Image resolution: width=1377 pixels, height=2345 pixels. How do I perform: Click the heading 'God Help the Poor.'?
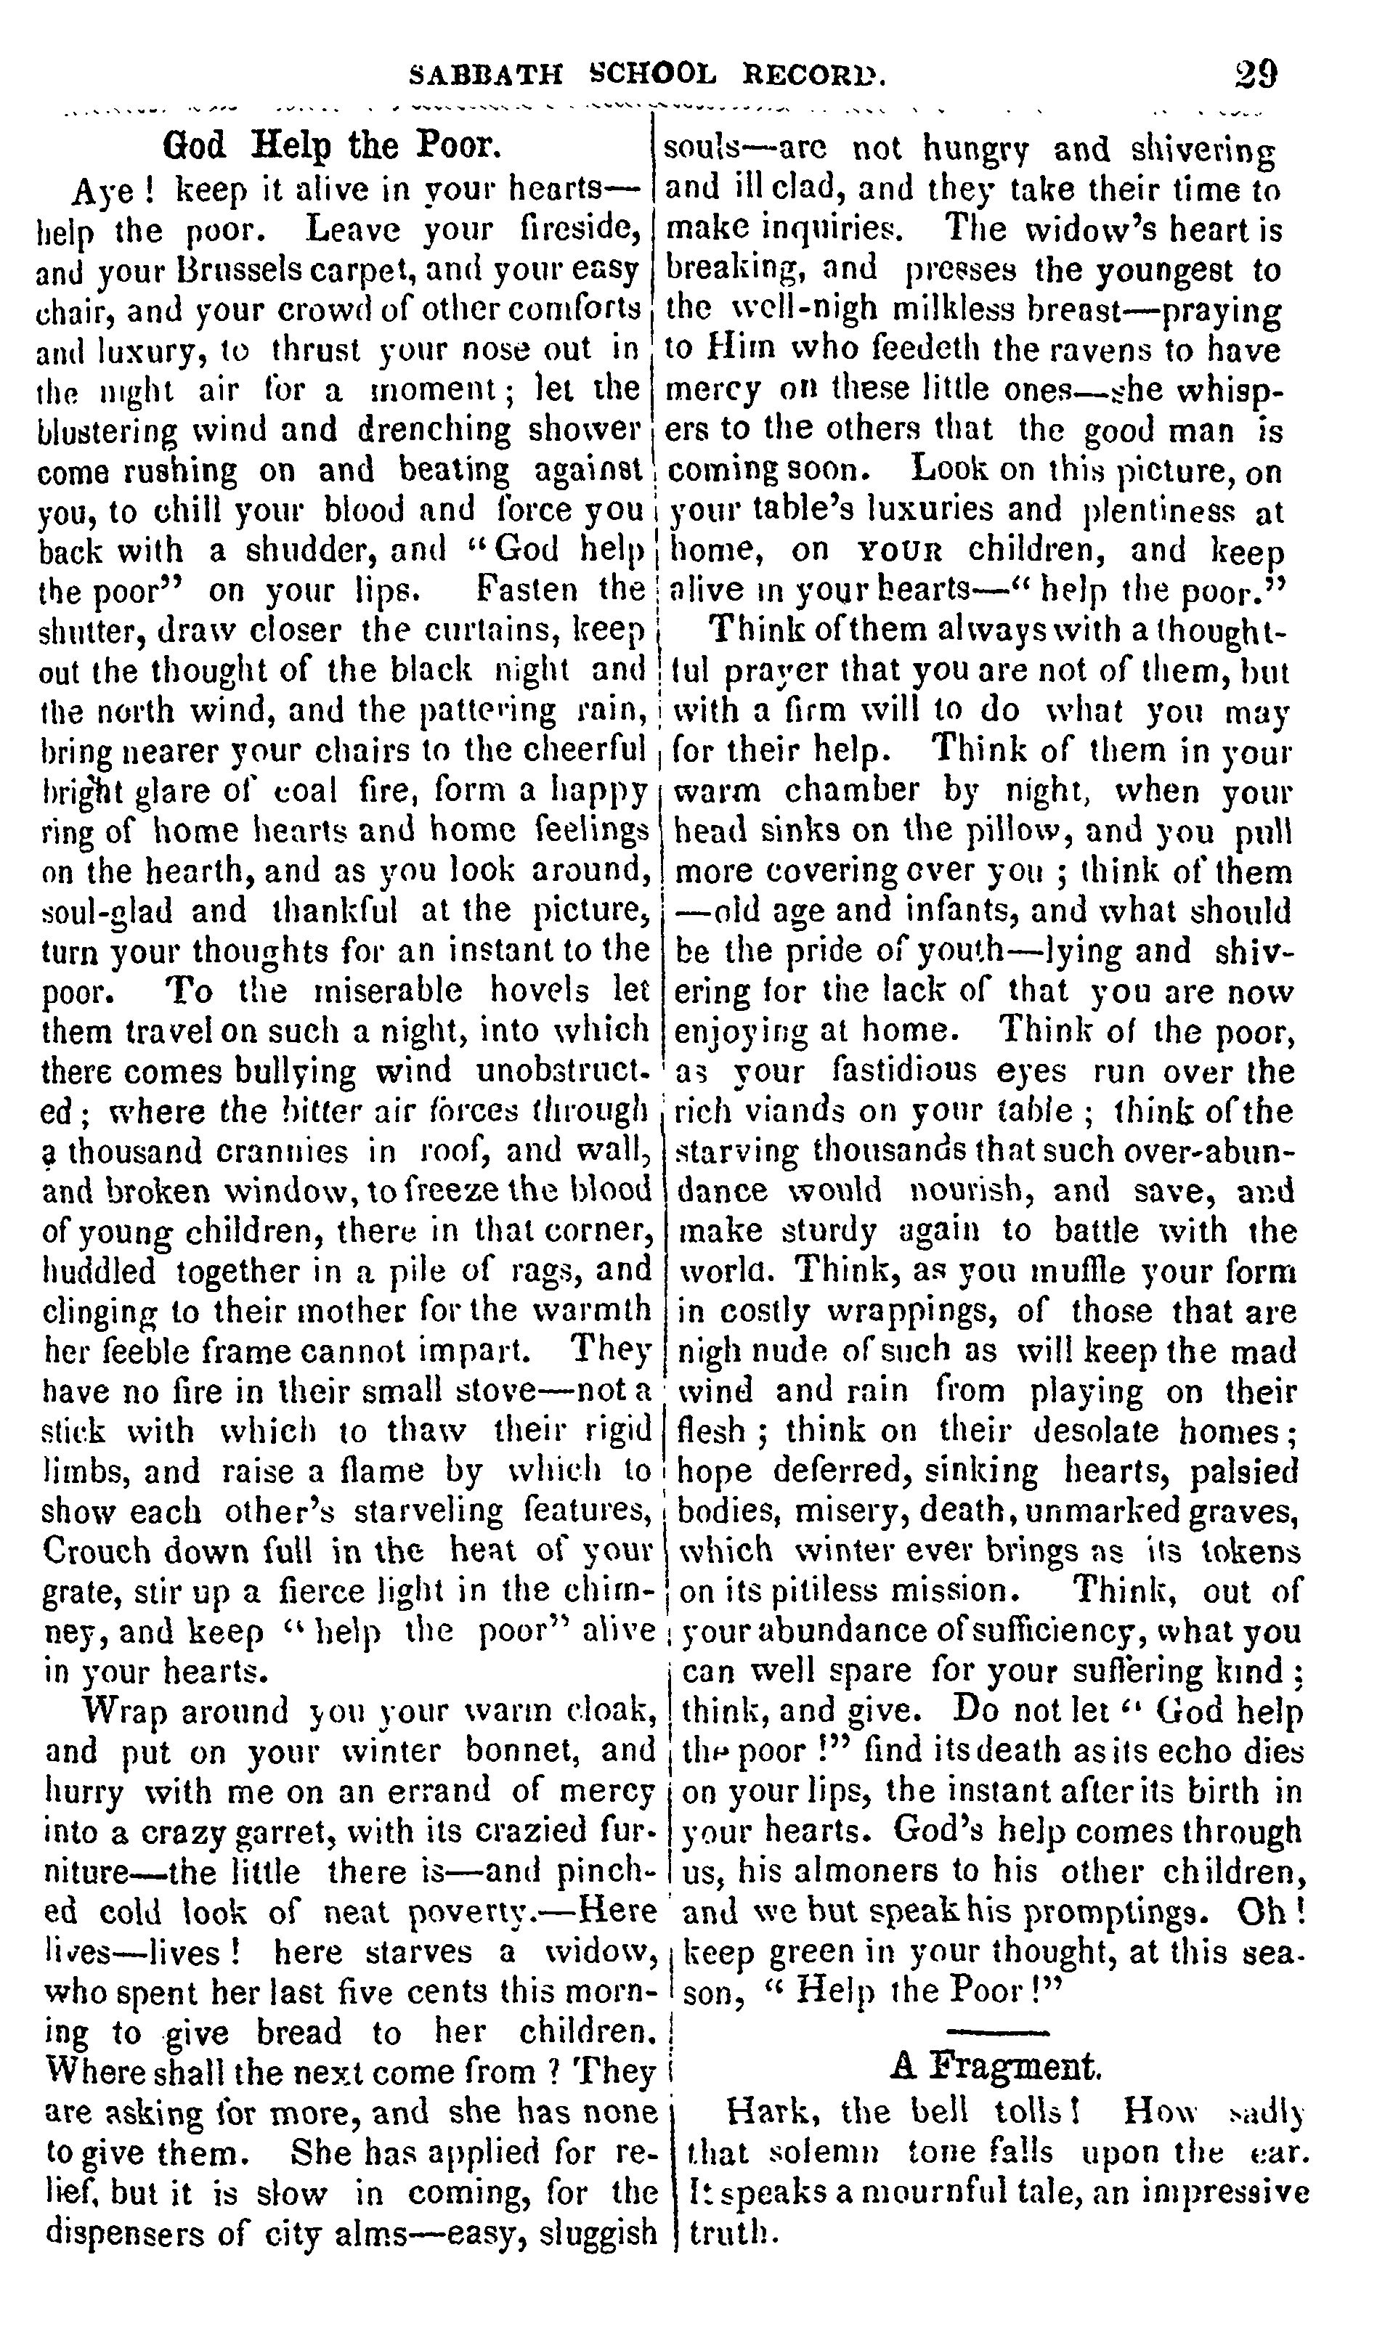coord(332,146)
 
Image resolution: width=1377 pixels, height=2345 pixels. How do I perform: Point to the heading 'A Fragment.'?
coord(996,2067)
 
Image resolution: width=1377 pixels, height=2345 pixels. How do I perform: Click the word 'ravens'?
coord(1106,351)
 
